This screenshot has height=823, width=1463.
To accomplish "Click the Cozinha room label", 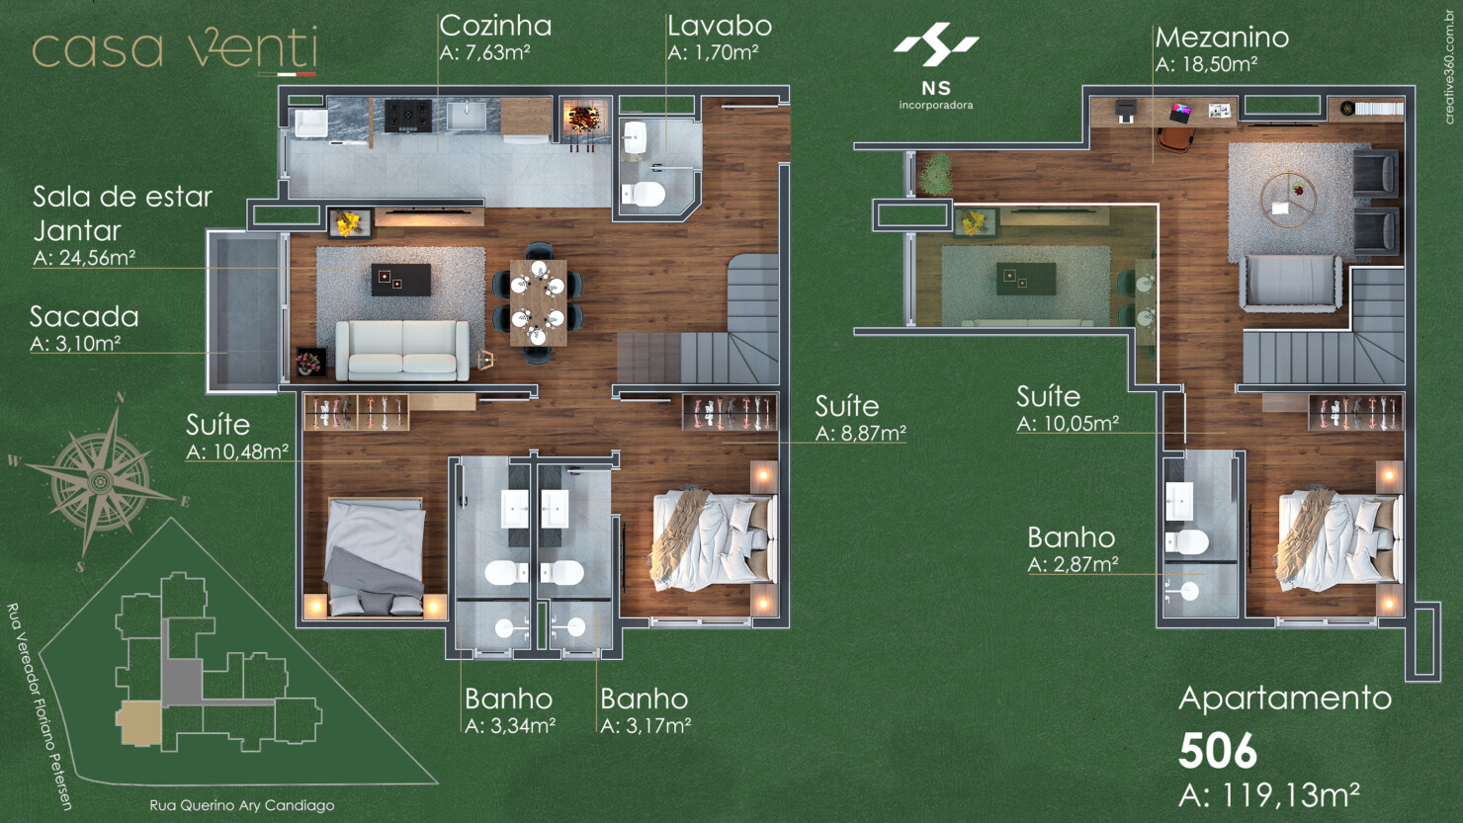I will click(x=495, y=26).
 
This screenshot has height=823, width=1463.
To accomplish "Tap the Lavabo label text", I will click(x=719, y=26).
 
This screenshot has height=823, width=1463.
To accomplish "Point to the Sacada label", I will click(x=84, y=317).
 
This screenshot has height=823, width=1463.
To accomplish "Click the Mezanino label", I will click(x=1222, y=38).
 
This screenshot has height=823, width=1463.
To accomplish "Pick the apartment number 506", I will click(x=1218, y=752).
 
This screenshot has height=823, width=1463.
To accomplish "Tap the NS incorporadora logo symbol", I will click(x=935, y=45).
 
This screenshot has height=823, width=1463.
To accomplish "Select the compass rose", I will click(x=100, y=481).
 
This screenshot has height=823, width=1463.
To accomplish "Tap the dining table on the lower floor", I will click(x=539, y=302).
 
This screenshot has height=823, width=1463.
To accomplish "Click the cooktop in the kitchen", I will click(x=407, y=115).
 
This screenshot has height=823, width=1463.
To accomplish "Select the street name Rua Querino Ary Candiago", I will click(x=241, y=805).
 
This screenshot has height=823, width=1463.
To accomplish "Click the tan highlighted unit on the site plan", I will click(x=139, y=723).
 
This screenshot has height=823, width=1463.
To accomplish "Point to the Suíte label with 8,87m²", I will click(x=846, y=406).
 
